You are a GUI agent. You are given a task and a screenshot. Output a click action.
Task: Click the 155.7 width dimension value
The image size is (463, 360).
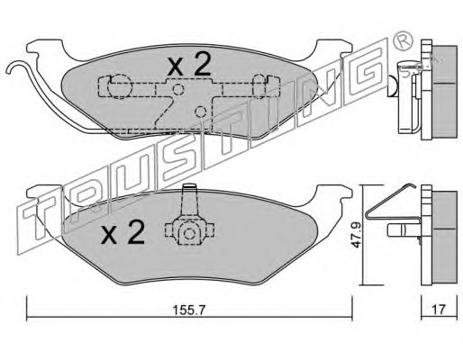189,310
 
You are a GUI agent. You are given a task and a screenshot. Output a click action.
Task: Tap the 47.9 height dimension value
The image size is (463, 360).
357,235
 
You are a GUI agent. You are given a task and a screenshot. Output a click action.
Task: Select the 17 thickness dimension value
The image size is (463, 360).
439,310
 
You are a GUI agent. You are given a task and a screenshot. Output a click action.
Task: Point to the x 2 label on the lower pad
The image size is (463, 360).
123,232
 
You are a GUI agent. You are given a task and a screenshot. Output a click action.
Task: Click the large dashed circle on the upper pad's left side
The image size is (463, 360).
120,86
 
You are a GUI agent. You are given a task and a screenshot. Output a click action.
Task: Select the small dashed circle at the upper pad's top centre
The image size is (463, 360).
178,89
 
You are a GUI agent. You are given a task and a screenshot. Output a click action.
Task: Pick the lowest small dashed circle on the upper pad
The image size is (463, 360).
200,112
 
